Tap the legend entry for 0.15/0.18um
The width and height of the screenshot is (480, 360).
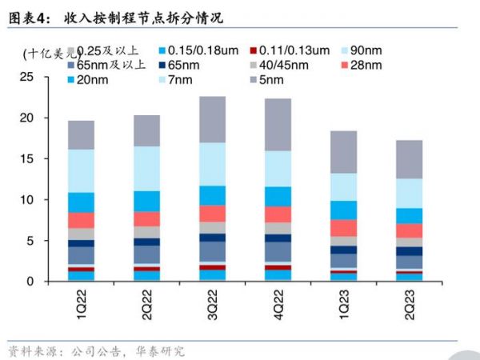(200, 50)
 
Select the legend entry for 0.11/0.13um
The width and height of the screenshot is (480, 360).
(297, 50)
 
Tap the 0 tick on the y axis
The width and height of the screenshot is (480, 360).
(30, 281)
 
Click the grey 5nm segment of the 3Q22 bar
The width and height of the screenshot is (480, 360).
(212, 119)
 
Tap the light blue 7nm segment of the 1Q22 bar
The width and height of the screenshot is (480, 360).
(81, 170)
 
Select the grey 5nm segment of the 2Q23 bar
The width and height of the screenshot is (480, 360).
(409, 159)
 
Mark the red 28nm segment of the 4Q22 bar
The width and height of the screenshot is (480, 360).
(278, 214)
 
